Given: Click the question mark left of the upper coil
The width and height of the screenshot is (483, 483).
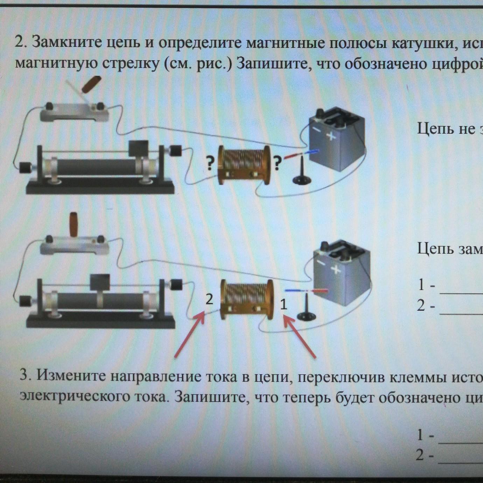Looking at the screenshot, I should (210, 163).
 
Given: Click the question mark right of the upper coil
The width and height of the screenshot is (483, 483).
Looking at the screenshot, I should (277, 163).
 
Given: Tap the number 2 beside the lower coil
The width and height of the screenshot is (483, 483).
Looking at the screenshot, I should (209, 299).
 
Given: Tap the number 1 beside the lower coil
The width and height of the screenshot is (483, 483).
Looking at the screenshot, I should (283, 304).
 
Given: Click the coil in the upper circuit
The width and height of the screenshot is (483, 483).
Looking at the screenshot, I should (244, 165).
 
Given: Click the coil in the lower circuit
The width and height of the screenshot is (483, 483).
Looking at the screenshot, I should (247, 299).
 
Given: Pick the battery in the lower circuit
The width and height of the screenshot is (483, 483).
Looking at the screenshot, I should (341, 273).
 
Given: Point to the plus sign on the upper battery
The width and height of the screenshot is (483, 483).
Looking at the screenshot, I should (330, 136).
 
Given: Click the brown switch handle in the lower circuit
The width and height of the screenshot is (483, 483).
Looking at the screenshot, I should (73, 224).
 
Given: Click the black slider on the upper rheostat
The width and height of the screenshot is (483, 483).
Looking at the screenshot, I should (138, 148).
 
